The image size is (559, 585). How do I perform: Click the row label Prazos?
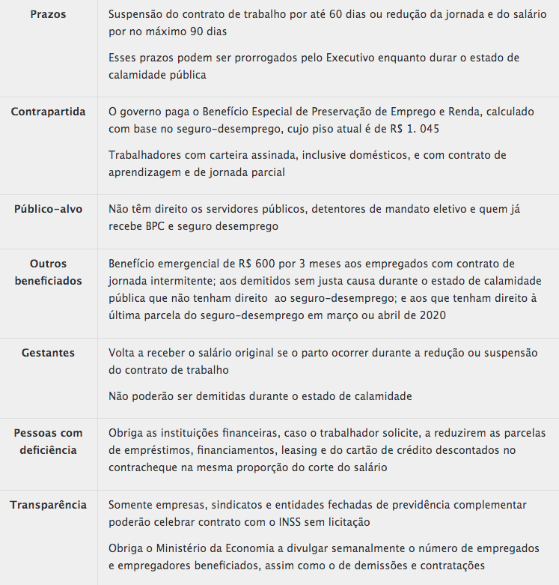48,14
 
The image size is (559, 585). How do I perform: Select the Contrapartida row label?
48,112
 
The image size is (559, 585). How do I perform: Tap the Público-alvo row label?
48,209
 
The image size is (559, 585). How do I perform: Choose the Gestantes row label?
48,353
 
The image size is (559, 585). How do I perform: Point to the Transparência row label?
48,505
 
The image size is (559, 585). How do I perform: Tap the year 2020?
430,315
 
